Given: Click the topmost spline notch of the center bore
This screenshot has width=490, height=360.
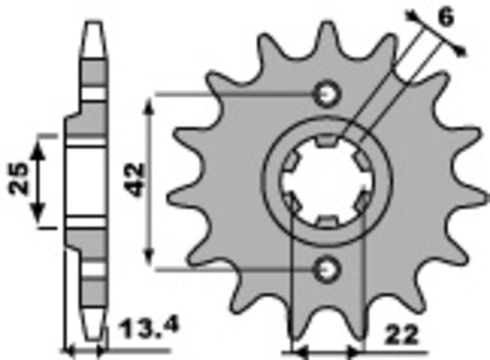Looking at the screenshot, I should tap(326, 144).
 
